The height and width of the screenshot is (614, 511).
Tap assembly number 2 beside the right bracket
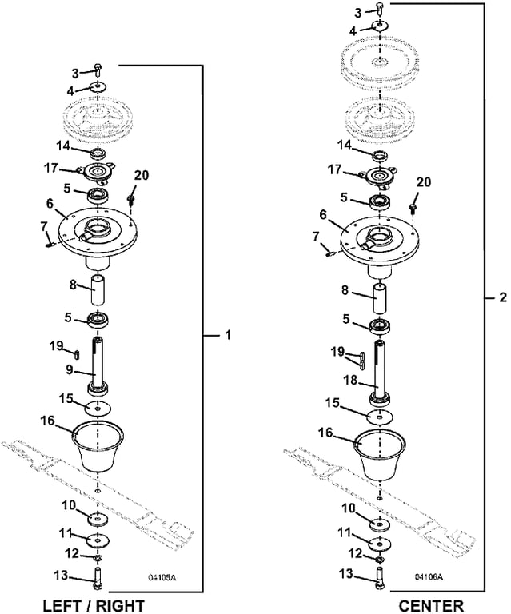pyautogui.click(x=502, y=297)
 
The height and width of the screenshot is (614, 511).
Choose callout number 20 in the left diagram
pyautogui.click(x=141, y=175)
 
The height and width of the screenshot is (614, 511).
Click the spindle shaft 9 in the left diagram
pyautogui.click(x=98, y=364)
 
